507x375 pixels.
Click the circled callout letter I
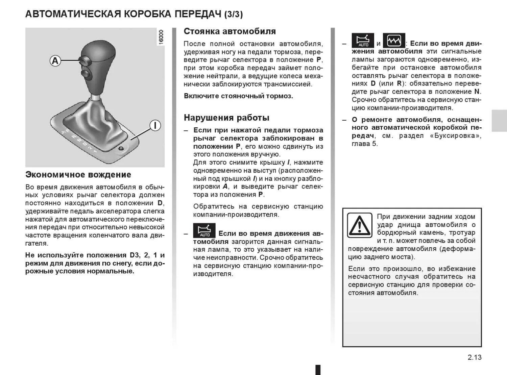[155, 126]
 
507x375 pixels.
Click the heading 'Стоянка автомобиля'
[230, 31]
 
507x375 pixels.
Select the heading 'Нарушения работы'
[226, 118]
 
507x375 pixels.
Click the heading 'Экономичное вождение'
[78, 175]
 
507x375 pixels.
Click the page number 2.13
[475, 357]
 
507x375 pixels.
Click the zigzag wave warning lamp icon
[394, 41]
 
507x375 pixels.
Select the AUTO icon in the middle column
[204, 230]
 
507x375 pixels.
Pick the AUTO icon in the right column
[363, 41]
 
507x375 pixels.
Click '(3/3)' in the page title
[233, 14]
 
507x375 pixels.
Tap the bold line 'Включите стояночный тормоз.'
[238, 96]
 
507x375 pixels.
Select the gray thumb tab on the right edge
[499, 121]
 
